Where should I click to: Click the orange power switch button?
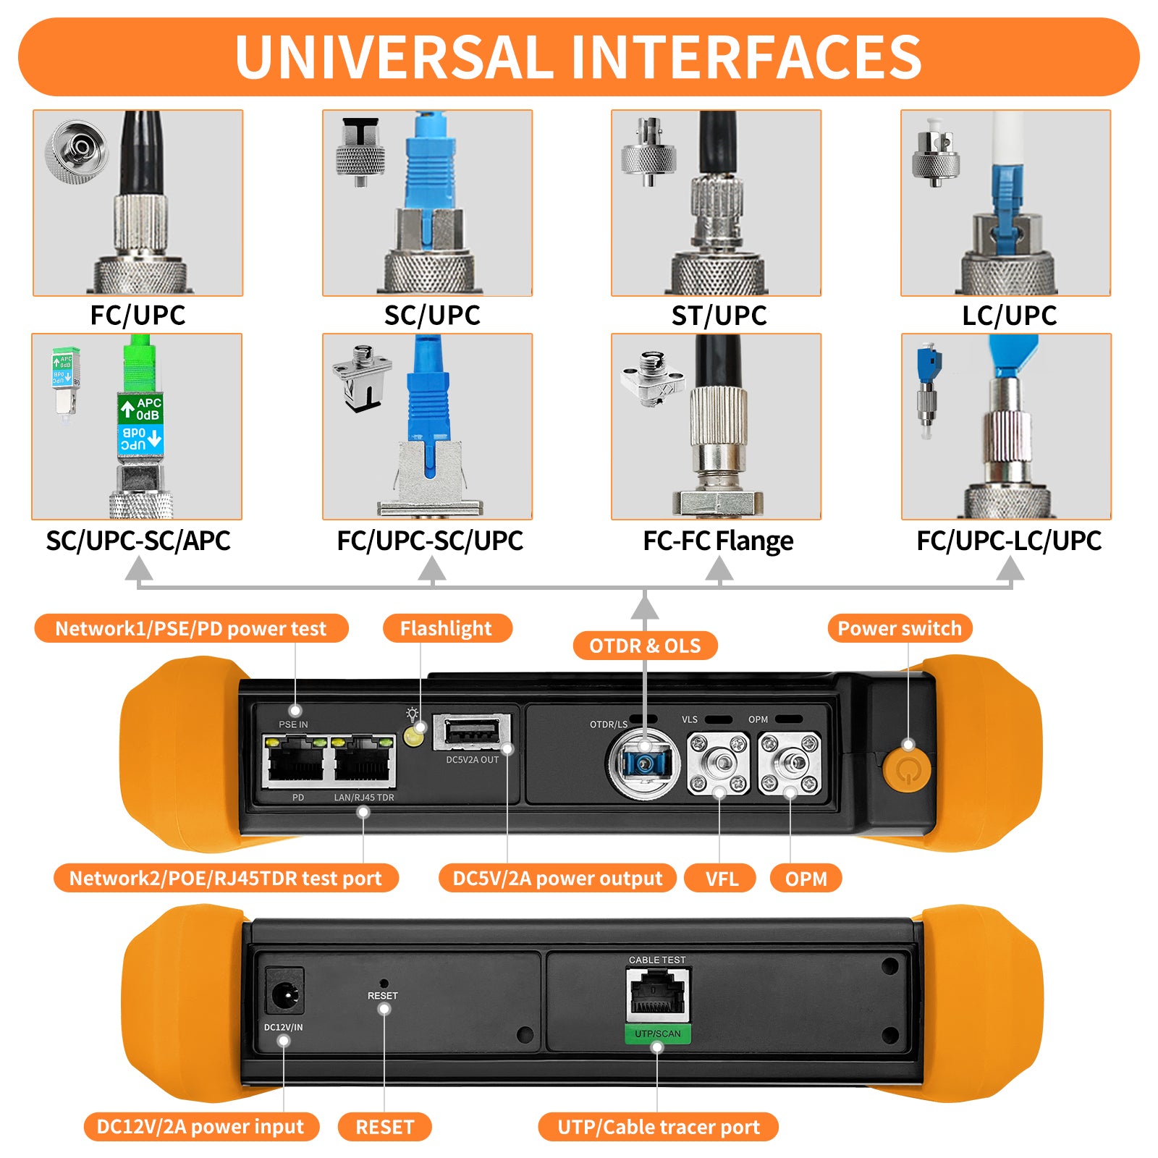906,769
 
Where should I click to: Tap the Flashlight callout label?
446,628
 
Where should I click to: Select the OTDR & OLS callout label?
645,646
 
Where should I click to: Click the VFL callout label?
722,879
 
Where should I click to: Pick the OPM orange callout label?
806,879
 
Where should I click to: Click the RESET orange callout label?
384,1127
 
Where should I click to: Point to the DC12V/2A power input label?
200,1127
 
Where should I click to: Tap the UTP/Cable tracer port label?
658,1127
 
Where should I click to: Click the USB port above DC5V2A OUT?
472,732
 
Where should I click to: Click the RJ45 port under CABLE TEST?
658,994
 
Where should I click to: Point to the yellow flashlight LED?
413,737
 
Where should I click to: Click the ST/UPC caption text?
719,316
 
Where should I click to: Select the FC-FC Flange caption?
718,541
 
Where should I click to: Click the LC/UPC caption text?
1009,316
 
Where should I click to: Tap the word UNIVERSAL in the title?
394,57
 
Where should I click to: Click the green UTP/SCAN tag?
658,1034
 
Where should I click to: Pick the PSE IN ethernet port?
295,762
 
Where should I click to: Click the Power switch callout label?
900,628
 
